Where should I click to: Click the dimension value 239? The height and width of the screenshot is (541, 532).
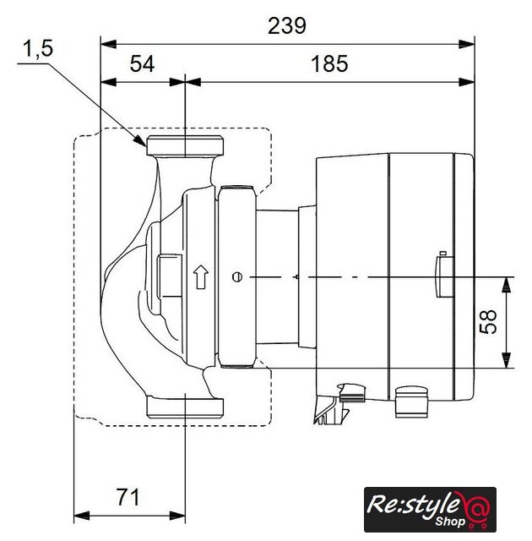click(x=286, y=26)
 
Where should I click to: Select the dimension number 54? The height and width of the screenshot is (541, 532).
click(x=142, y=64)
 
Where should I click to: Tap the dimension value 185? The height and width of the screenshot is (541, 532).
click(x=329, y=64)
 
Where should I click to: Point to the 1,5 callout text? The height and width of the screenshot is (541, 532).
click(x=38, y=48)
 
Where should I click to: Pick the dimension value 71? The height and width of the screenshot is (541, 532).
click(x=128, y=497)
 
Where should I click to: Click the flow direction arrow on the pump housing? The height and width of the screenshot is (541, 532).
click(x=201, y=276)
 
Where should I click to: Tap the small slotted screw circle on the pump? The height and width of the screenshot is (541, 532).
click(x=237, y=277)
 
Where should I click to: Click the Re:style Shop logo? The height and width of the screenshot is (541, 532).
click(x=430, y=509)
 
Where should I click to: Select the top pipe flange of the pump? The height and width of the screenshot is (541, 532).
click(x=185, y=145)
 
